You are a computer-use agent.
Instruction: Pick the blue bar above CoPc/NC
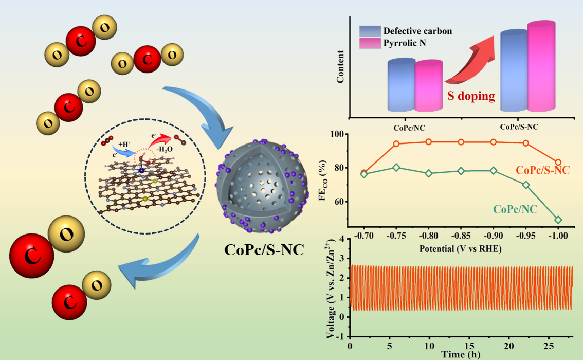point(401,85)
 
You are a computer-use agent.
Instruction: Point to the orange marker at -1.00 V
point(558,163)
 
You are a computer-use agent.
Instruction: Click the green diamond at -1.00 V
point(558,220)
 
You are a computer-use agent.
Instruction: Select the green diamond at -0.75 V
point(396,167)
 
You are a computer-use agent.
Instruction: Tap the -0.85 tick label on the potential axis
point(461,236)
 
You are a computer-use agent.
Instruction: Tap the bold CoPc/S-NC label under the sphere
point(264,250)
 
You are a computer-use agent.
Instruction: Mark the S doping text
point(469,96)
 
